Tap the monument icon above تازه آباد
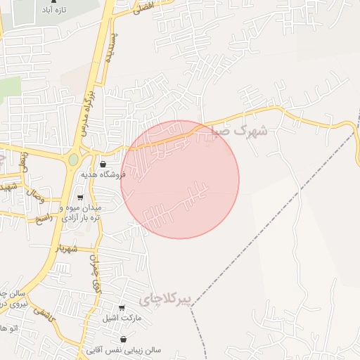[53, 2]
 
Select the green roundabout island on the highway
[73, 160]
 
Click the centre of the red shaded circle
[180, 179]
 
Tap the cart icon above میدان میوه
[79, 198]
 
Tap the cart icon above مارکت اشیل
[122, 308]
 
